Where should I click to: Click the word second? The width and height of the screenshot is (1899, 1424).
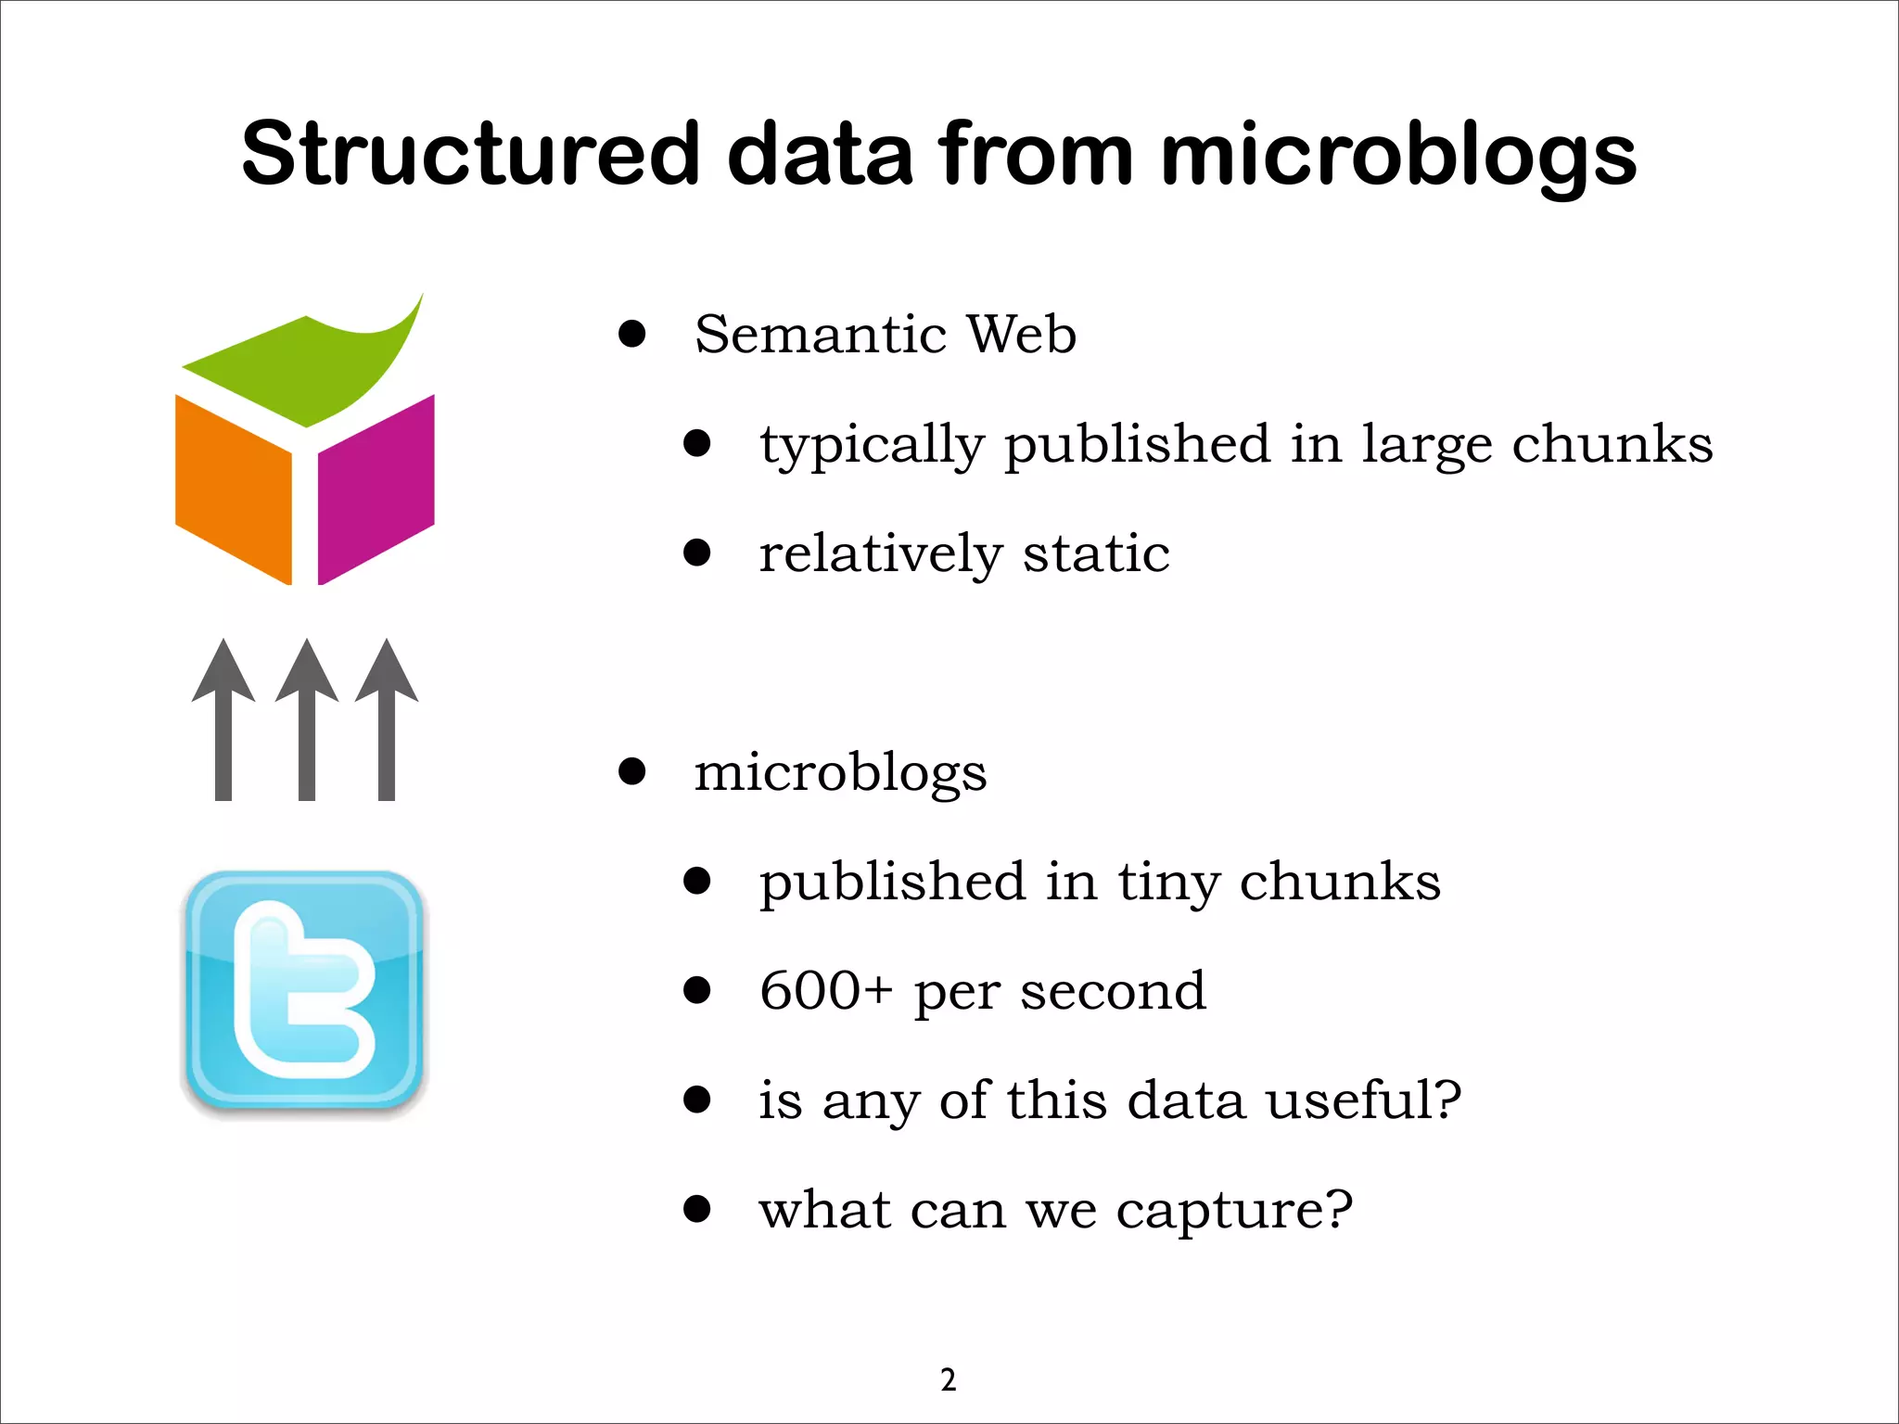coord(1113,991)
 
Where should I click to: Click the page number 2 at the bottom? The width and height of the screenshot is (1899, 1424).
coord(948,1380)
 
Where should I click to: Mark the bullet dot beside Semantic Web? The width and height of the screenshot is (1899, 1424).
coord(632,334)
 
